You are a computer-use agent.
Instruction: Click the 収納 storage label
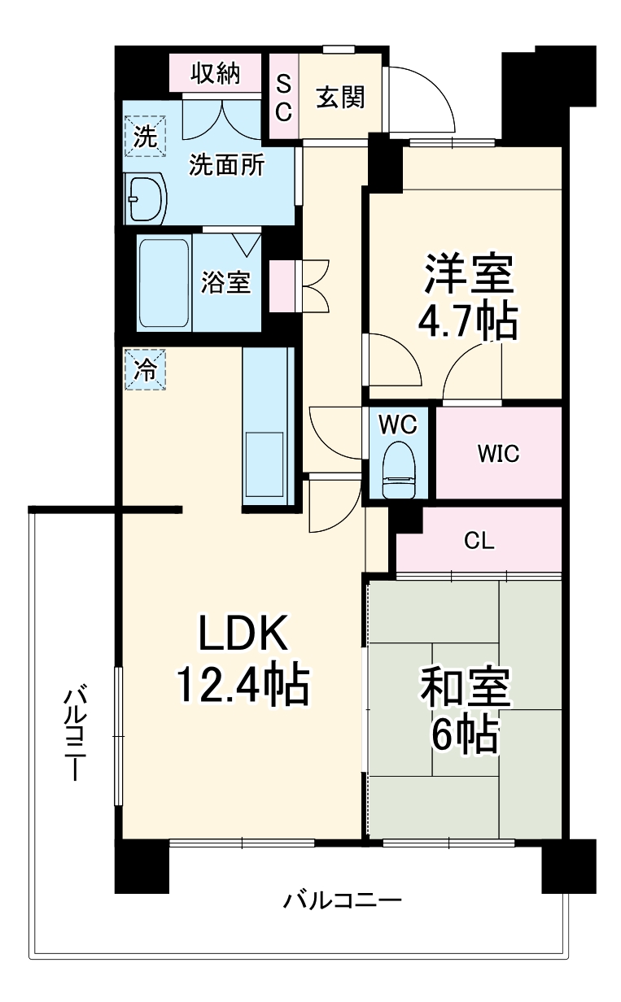click(x=216, y=74)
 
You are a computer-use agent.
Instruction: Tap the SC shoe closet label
click(x=282, y=98)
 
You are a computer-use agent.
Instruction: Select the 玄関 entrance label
click(x=340, y=97)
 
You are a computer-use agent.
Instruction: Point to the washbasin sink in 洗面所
click(x=147, y=198)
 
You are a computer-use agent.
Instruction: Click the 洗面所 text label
click(x=226, y=165)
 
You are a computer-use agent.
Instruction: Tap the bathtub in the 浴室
click(x=164, y=282)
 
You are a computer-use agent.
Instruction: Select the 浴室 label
click(x=226, y=283)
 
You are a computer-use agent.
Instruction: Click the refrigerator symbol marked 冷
click(x=145, y=370)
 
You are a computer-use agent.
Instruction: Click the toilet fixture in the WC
click(x=399, y=470)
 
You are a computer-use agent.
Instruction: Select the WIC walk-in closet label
click(x=497, y=453)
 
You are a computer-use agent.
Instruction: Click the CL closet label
click(x=479, y=541)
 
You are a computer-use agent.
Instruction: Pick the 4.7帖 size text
click(x=467, y=323)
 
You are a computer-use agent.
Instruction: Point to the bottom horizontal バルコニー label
click(x=343, y=901)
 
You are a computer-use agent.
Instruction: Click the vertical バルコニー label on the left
click(x=76, y=732)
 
